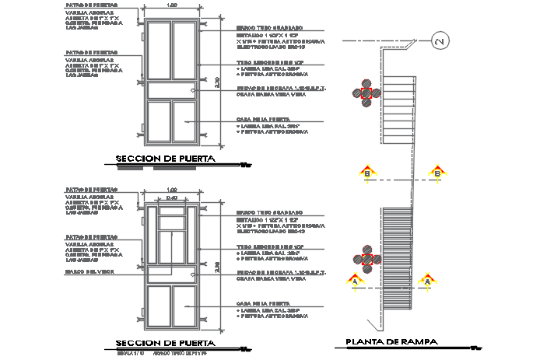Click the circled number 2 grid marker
tap(439, 42)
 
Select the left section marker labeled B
tap(367, 173)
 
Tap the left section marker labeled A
tap(355, 280)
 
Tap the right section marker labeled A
tap(426, 280)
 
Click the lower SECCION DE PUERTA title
tap(165, 342)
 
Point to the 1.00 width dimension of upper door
tap(171, 5)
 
